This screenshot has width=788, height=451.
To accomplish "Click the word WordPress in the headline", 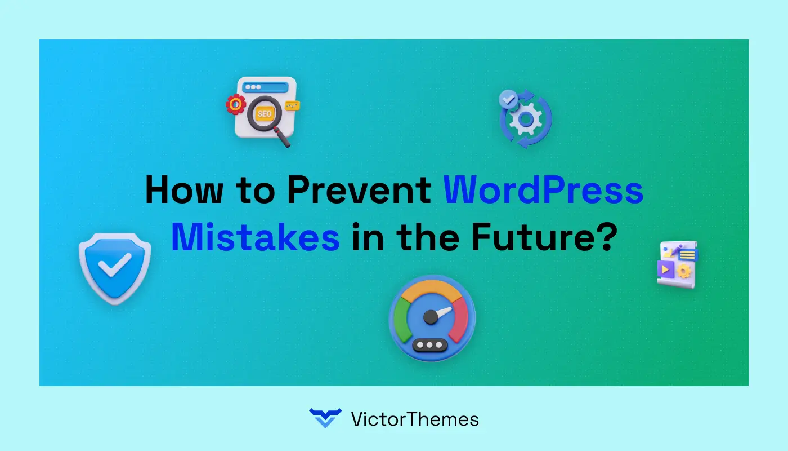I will [x=543, y=191].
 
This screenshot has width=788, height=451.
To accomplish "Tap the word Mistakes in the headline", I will [x=255, y=238].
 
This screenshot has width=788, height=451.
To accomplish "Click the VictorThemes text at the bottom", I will [x=415, y=419].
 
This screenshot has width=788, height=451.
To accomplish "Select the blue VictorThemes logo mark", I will [x=325, y=418].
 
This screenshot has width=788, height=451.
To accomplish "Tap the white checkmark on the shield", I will [x=115, y=264].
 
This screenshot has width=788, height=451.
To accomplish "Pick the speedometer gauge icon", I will [x=432, y=319].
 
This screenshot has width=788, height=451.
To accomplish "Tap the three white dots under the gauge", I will [x=431, y=344].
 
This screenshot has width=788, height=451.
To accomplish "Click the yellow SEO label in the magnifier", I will [x=263, y=113].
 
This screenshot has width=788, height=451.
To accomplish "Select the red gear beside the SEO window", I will [x=236, y=104].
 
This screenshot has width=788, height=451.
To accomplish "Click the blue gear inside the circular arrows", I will [x=526, y=119].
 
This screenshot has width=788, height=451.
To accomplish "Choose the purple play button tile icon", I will [x=666, y=269].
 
